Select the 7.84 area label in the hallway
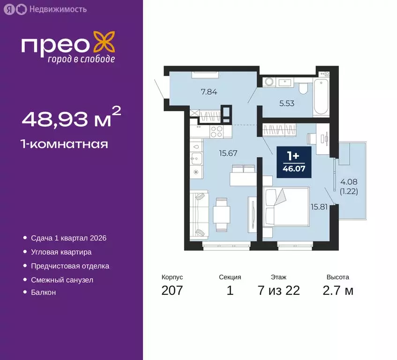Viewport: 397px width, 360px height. [x=209, y=92]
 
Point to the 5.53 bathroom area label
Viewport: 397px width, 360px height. [x=286, y=104]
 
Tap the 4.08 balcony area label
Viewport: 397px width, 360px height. [x=348, y=182]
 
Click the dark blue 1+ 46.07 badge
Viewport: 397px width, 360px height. [x=294, y=163]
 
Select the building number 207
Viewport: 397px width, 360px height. [x=172, y=291]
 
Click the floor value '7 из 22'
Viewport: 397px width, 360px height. [x=278, y=291]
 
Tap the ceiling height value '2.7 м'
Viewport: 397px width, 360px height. [x=338, y=291]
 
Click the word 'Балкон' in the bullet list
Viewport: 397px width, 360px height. [x=44, y=292]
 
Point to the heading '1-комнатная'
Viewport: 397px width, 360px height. [x=65, y=144]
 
